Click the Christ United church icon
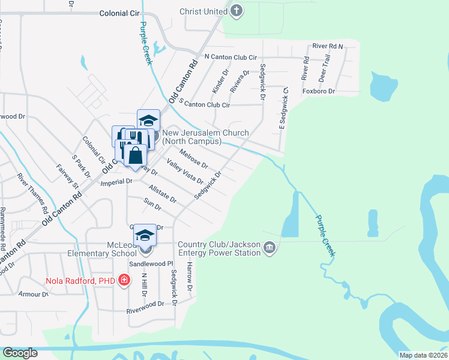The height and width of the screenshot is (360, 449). pyautogui.click(x=237, y=11)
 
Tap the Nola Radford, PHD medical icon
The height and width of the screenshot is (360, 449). pyautogui.click(x=124, y=280)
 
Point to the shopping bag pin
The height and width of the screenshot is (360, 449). pyautogui.click(x=136, y=155)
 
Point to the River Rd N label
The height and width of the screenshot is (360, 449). pyautogui.click(x=327, y=46)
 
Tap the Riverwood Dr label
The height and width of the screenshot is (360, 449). pyautogui.click(x=145, y=304)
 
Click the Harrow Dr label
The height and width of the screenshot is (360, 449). pyautogui.click(x=189, y=276)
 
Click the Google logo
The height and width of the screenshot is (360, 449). pyautogui.click(x=20, y=353)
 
